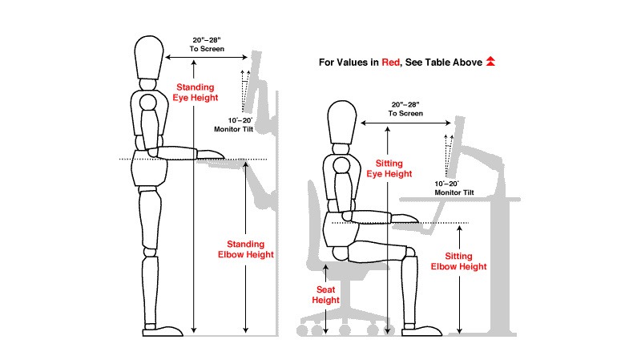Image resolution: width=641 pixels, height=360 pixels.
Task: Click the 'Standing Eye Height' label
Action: pos(196,92)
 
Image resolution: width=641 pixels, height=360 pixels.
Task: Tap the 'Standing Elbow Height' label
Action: pos(246,249)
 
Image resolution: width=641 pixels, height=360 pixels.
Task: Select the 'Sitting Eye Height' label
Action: pos(389,168)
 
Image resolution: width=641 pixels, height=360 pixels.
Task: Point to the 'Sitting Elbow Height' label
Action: pos(458,261)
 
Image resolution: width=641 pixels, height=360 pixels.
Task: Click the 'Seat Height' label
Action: pos(326,295)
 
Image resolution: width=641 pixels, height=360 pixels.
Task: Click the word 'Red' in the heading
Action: pos(390,63)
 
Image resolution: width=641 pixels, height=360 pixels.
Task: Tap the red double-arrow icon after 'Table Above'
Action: pos(490,62)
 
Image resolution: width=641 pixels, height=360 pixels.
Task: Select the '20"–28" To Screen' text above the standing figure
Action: pos(207,44)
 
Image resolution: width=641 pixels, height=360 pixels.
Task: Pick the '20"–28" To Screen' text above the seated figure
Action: pos(405,109)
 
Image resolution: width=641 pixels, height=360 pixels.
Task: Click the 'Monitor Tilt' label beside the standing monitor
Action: pos(234,129)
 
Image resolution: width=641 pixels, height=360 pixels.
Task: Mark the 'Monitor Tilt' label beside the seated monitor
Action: pos(454,192)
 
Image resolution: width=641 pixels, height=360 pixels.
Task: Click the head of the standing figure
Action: pos(149,57)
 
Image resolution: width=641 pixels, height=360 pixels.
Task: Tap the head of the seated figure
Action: pos(342,123)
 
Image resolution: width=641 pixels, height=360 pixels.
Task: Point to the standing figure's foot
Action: pos(163,330)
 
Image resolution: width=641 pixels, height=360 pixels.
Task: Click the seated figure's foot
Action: pos(422,330)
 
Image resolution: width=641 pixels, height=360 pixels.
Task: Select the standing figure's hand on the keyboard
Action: pos(211,154)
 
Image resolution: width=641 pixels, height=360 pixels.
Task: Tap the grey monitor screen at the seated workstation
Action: pos(454,147)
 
